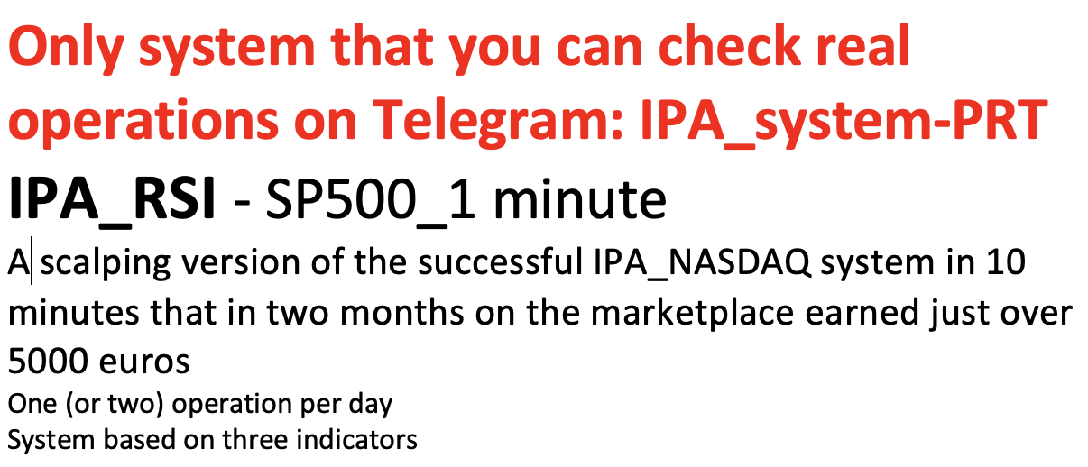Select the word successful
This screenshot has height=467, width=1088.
tap(501, 262)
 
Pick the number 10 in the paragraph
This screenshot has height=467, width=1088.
tap(1006, 262)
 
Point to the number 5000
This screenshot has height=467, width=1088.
tap(48, 362)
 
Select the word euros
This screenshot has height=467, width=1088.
tap(144, 364)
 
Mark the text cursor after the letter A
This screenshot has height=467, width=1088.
tap(32, 261)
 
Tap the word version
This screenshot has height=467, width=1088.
tap(241, 263)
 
